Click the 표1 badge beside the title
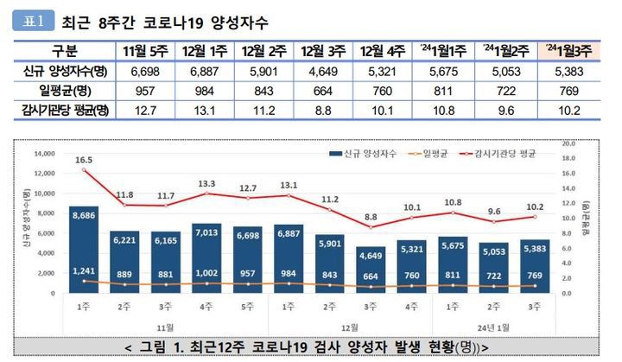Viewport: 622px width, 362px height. tap(34, 19)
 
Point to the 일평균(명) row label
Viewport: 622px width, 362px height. tap(65, 90)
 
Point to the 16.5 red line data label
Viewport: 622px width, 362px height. tap(84, 161)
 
